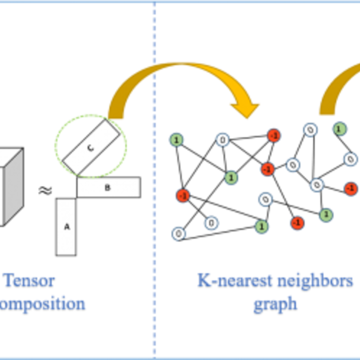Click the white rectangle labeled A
[x=66, y=227]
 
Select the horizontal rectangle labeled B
[x=107, y=188]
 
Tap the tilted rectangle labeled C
[x=92, y=147]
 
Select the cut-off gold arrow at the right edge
[x=338, y=89]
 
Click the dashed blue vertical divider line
[x=154, y=188]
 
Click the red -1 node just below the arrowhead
[x=274, y=136]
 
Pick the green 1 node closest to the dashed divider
[x=176, y=139]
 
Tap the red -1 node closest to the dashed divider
[x=182, y=195]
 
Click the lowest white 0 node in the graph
[x=178, y=233]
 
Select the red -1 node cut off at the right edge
[x=351, y=188]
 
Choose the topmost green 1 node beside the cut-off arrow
[x=339, y=129]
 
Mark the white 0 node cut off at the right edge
[x=350, y=160]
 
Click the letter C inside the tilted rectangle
[x=91, y=147]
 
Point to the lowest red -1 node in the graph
[x=297, y=222]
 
